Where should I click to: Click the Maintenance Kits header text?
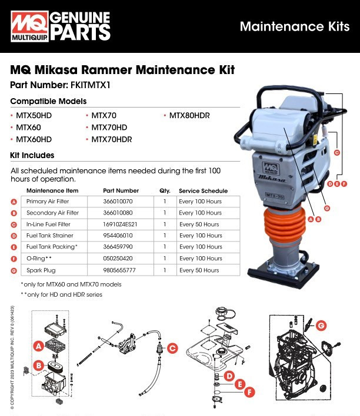[x=294, y=26]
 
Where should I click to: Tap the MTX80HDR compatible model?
[x=189, y=116]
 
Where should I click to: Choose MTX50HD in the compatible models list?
[x=34, y=116]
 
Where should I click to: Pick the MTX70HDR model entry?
[x=111, y=139]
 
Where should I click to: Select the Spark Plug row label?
[x=42, y=270]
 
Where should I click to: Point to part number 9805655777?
[x=122, y=270]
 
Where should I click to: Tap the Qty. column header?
[x=165, y=190]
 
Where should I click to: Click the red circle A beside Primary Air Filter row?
[x=14, y=202]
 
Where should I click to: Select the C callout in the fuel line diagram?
[x=172, y=348]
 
